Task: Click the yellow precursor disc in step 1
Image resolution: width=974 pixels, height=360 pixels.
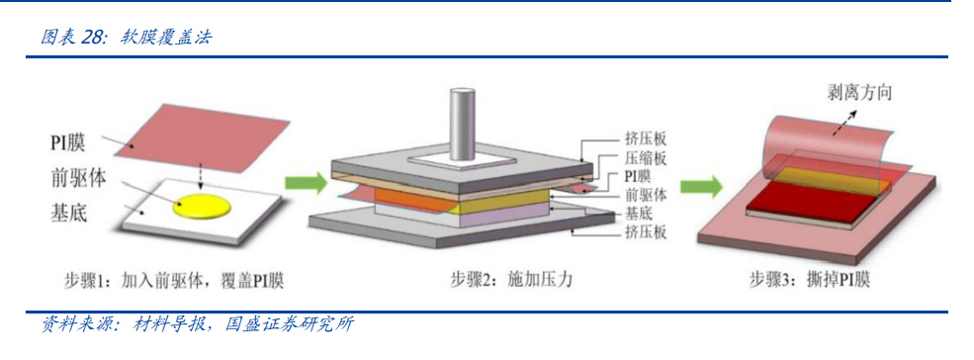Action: pyautogui.click(x=202, y=205)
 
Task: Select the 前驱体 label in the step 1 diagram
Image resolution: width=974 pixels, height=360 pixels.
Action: pyautogui.click(x=77, y=179)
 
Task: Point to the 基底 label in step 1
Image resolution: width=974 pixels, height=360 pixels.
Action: pyautogui.click(x=67, y=214)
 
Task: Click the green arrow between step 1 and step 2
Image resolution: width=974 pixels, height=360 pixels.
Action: pyautogui.click(x=306, y=183)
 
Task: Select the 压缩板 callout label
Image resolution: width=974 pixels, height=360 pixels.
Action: pyautogui.click(x=646, y=158)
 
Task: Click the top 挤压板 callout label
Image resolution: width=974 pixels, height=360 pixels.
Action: pyautogui.click(x=646, y=138)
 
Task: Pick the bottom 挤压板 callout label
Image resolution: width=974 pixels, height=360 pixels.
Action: pyautogui.click(x=646, y=233)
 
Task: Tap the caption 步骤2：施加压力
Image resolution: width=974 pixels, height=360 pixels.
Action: pyautogui.click(x=510, y=281)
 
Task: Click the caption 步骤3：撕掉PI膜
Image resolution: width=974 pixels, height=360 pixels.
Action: pyautogui.click(x=810, y=281)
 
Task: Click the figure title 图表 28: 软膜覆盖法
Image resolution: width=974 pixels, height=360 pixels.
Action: pyautogui.click(x=127, y=38)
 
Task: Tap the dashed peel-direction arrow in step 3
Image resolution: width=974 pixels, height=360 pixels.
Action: pyautogui.click(x=842, y=123)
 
